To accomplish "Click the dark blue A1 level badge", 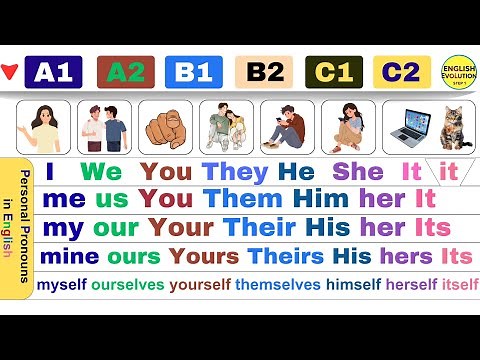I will point(55,72).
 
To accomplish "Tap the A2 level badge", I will point(126,72).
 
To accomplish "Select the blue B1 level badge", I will point(195,72).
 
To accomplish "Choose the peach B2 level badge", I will point(264,72).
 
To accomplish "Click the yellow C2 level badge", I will point(402,72).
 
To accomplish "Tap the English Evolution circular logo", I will point(459,71).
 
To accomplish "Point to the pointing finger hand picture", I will point(165,127).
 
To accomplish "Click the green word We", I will point(100,171).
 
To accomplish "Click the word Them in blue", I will point(237,198).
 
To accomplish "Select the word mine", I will point(69,255).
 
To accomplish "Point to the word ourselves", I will point(128,285).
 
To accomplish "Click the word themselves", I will point(278,285).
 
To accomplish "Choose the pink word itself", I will point(460,285).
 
